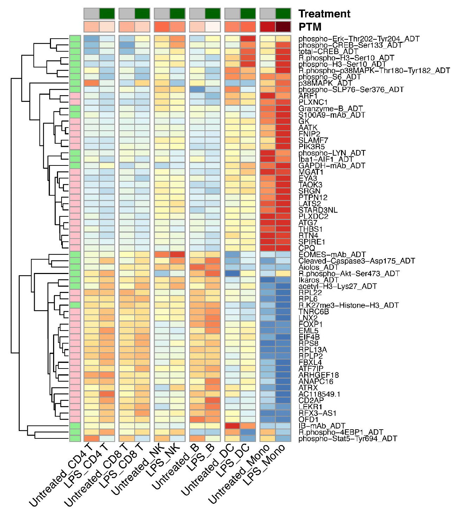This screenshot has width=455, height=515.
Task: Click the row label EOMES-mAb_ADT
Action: coord(332,254)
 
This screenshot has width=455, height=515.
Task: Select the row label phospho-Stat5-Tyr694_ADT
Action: coord(348,438)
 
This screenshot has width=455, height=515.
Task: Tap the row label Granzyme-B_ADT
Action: coord(331,109)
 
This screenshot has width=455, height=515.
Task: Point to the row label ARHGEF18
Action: coord(319,375)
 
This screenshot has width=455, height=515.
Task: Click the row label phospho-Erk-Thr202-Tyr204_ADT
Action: coord(359,39)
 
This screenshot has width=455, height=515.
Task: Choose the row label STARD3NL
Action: coord(318,210)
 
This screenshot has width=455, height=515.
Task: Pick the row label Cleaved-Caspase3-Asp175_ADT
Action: coord(357,261)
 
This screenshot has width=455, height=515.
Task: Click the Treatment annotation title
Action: coord(324,14)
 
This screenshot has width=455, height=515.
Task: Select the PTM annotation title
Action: coord(310,27)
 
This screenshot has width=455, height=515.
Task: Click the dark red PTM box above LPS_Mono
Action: coord(283,27)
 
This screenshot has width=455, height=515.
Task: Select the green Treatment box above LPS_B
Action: coord(213,14)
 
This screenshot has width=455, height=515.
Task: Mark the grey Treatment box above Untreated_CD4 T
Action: coord(91,14)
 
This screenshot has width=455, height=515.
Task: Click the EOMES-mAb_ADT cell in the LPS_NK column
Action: coord(178,254)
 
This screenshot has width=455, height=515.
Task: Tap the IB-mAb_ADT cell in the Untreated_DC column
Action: coord(232,426)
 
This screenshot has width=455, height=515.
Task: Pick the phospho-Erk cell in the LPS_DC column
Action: coord(248,39)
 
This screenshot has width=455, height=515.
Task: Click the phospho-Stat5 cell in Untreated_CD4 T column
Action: coord(91,438)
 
